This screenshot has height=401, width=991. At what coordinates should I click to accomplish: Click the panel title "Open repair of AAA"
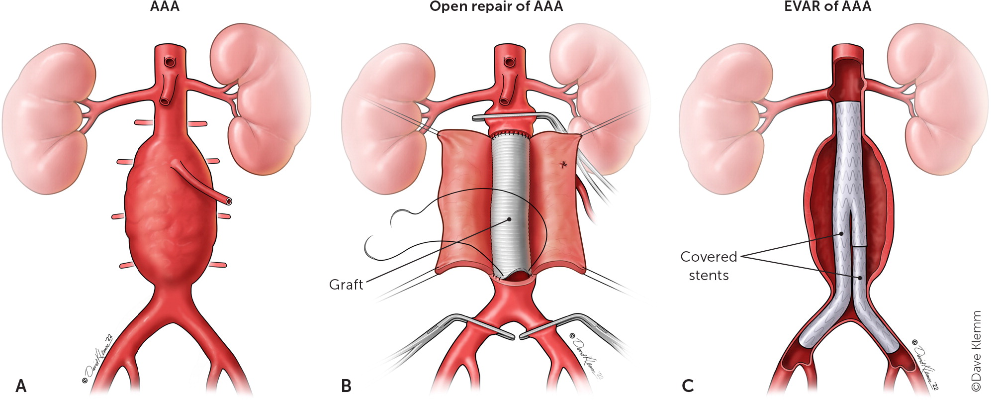496,6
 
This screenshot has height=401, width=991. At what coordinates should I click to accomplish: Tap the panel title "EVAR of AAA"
827,6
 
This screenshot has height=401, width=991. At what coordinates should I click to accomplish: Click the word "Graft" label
346,285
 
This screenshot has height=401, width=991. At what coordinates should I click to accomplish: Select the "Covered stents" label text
709,266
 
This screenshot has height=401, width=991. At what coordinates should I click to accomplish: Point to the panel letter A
21,386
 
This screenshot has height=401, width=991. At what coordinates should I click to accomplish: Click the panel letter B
346,386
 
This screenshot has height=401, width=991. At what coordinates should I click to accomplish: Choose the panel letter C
688,386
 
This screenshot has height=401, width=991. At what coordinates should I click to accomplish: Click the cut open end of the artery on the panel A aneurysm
228,201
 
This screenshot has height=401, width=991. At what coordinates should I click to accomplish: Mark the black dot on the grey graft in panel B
509,219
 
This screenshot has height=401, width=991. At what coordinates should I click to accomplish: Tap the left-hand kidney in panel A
47,119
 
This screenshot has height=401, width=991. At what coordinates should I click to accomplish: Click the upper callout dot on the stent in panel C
841,234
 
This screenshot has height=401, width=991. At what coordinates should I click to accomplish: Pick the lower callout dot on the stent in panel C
860,278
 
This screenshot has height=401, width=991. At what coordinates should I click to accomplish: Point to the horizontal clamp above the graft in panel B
507,117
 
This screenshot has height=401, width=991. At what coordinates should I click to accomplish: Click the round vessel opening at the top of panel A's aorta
170,62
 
